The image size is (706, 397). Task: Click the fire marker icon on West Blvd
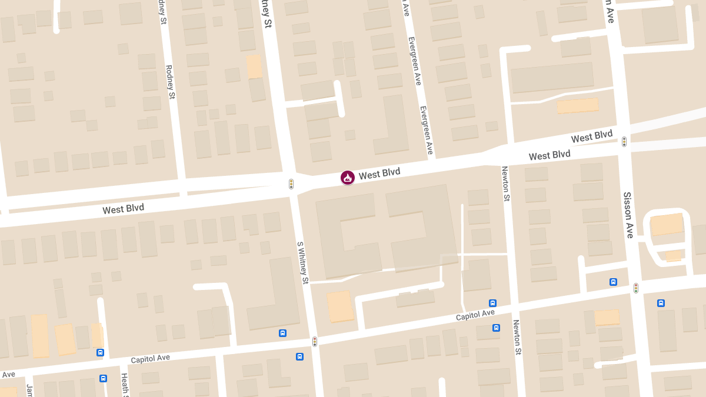[348, 177]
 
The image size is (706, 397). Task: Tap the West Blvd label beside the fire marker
[379, 174]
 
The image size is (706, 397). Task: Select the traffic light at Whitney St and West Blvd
[291, 184]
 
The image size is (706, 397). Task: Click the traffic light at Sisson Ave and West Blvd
[624, 142]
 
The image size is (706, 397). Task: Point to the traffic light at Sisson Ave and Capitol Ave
[636, 288]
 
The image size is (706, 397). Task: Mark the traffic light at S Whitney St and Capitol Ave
[315, 341]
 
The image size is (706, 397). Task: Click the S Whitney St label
[302, 262]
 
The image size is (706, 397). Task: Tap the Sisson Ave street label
[628, 215]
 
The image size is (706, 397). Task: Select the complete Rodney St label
[170, 82]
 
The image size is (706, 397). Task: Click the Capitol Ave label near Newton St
[475, 316]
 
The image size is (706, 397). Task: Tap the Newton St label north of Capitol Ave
[505, 184]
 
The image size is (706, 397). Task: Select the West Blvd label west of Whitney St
[123, 209]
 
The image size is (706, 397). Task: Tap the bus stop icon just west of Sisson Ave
[613, 282]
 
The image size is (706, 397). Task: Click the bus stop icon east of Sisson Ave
[661, 303]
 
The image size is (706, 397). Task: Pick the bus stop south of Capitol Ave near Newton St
[497, 328]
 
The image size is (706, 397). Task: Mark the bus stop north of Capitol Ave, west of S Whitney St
[283, 333]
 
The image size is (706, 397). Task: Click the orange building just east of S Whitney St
[339, 306]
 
